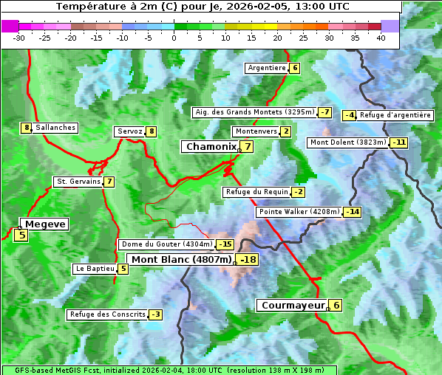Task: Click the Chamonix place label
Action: (210, 147)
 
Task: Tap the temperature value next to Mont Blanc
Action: (248, 260)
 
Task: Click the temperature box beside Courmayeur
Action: (336, 306)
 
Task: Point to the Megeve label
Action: (44, 224)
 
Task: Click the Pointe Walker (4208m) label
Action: (299, 212)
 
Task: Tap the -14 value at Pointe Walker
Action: (353, 213)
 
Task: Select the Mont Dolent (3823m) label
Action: (347, 142)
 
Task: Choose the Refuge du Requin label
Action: (256, 192)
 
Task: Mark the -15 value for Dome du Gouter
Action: (225, 244)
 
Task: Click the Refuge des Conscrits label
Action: (106, 314)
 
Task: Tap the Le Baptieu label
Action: (95, 269)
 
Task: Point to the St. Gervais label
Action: (78, 182)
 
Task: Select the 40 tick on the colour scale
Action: (381, 38)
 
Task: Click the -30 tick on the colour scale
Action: (19, 38)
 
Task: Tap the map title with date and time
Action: (203, 7)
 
